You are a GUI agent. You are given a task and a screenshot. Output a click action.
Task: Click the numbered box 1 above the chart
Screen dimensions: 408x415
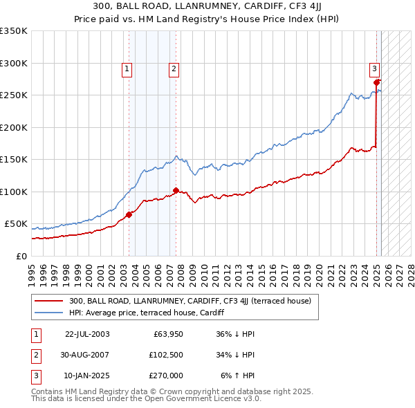click(x=128, y=68)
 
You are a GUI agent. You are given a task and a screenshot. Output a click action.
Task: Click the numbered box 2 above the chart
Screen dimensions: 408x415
click(x=173, y=68)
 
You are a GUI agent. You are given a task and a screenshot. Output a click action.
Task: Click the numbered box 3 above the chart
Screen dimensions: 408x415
click(x=373, y=68)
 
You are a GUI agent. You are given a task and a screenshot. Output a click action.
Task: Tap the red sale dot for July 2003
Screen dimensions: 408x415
click(x=129, y=214)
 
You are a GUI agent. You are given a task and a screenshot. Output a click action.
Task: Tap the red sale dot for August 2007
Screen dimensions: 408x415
click(x=176, y=190)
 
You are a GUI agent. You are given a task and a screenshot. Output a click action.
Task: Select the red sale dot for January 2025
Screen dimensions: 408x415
click(x=378, y=82)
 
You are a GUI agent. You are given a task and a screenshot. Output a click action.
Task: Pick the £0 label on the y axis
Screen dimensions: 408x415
click(x=21, y=256)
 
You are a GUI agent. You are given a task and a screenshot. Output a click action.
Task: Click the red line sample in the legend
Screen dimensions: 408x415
click(x=49, y=301)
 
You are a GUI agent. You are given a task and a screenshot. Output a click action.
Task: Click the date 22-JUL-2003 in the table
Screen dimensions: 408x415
click(x=87, y=334)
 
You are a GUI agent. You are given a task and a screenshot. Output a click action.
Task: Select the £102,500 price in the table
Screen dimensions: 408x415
click(x=165, y=355)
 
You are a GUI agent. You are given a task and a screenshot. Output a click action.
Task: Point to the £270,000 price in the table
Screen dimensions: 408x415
click(x=165, y=375)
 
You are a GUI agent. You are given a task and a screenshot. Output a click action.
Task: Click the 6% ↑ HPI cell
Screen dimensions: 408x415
click(x=237, y=375)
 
